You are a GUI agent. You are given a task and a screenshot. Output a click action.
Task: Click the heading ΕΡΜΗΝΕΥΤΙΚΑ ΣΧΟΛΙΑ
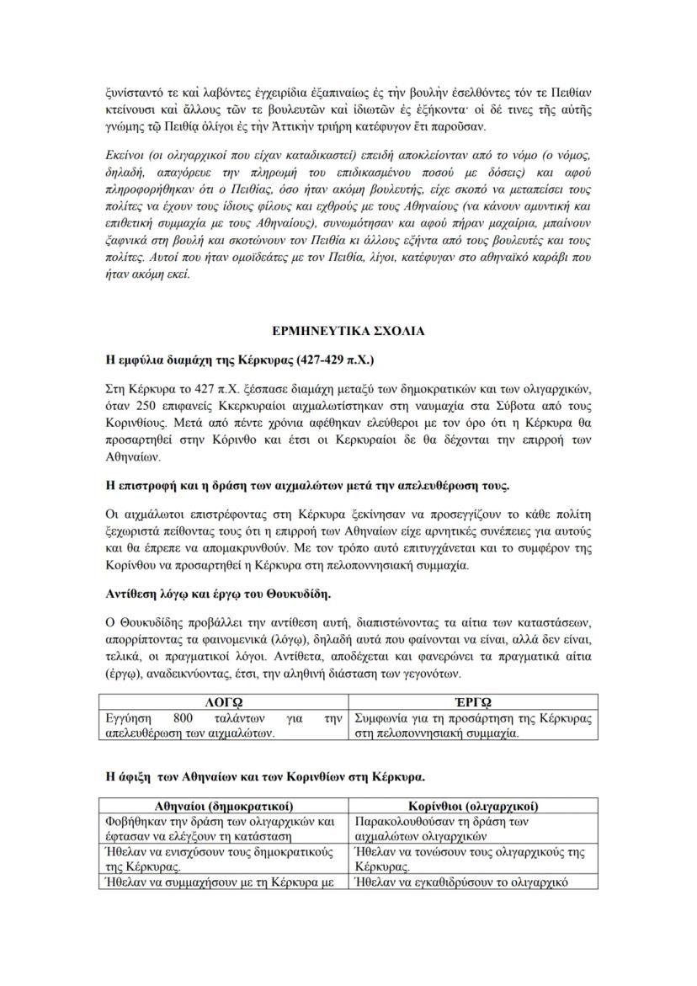[x=348, y=332]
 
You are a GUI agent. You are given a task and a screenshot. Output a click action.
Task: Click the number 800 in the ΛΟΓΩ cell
[x=183, y=718]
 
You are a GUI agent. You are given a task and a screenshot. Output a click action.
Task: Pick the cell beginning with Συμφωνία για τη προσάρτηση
[x=472, y=726]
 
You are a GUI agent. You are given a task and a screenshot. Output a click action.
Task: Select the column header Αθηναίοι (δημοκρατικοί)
[x=224, y=806]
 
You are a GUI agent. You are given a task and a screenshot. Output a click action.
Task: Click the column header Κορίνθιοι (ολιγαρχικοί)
[x=473, y=806]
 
